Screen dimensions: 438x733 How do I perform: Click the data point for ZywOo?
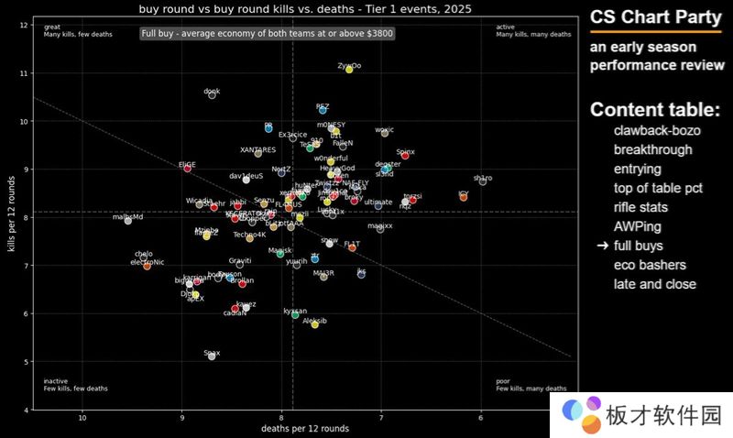349,70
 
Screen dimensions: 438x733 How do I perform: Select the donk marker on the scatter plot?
213,95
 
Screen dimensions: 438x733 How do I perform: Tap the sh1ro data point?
483,181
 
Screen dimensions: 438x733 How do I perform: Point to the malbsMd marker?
128,221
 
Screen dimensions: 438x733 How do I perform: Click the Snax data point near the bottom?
212,356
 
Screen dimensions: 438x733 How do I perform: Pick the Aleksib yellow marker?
314,324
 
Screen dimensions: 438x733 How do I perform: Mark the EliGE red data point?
188,168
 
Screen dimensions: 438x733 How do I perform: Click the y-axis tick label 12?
24,25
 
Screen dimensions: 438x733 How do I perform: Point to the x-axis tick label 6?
480,418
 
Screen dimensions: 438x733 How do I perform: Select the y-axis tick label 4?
25,410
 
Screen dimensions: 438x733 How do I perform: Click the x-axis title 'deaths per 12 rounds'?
305,429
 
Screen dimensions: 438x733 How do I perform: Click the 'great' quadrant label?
52,27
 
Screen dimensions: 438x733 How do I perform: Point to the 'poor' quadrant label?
503,380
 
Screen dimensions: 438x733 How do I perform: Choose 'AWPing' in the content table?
638,226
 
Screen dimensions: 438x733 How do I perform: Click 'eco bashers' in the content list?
650,265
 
